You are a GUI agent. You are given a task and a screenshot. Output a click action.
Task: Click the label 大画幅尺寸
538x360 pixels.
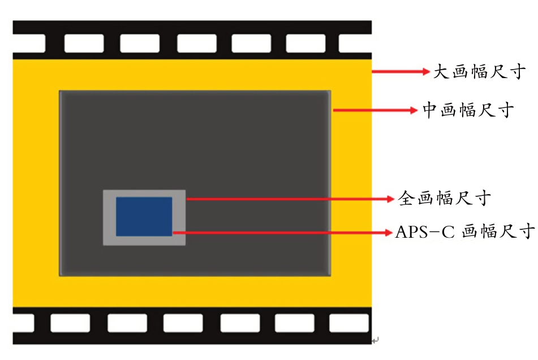coord(480,72)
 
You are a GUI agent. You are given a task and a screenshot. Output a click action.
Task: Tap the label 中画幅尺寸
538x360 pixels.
coord(468,110)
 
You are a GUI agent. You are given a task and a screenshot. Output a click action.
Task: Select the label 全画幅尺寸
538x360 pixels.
coord(444,199)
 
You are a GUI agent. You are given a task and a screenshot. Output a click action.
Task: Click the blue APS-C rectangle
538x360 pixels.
coord(144,216)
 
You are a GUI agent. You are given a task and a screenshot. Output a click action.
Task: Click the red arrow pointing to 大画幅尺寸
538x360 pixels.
coord(402,72)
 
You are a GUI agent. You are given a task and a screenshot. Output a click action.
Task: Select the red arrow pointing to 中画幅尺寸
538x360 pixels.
coord(376,111)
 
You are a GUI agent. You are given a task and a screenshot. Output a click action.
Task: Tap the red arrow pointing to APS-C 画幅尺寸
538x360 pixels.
coord(283,232)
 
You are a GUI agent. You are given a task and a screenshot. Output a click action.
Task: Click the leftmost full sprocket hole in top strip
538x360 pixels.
coord(84,44)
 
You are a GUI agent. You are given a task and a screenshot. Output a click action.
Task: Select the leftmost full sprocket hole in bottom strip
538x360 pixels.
coord(70,323)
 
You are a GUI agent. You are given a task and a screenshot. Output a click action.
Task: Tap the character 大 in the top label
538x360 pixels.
coord(441,72)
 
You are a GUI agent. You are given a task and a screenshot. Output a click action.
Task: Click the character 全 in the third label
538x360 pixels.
coord(405,199)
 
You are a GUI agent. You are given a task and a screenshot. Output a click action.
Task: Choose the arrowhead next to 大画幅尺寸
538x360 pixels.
coord(427,72)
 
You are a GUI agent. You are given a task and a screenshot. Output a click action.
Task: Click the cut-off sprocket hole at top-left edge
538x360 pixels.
coord(29,44)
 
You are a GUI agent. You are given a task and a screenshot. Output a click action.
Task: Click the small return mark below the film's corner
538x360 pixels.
coord(375,340)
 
